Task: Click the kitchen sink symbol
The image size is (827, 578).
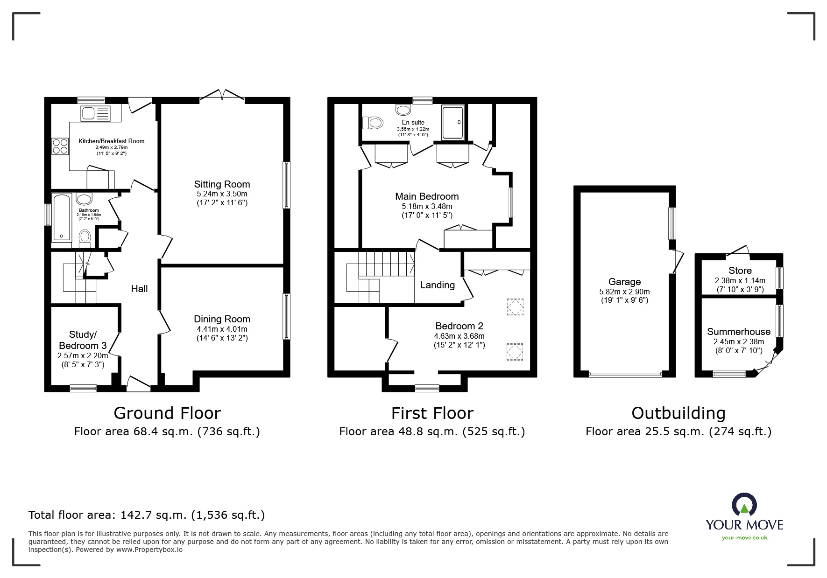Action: point(96,113)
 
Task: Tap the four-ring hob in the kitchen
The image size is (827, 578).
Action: point(60,146)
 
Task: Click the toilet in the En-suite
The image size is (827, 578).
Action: point(372,123)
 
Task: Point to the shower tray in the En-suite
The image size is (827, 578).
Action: point(453,122)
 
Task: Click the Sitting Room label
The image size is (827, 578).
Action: point(222,184)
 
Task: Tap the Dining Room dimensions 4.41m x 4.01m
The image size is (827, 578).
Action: point(222,329)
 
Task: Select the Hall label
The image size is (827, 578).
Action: point(139,289)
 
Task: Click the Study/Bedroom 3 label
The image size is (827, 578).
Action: point(83,340)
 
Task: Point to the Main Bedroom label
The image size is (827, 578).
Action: point(427,196)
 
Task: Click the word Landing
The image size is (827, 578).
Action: point(437,285)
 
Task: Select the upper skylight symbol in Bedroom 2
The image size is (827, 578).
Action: point(515,307)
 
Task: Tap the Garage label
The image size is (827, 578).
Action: point(624,282)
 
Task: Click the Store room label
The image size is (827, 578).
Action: point(740,271)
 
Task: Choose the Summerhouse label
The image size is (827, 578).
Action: point(738,332)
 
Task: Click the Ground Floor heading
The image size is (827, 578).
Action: point(167,413)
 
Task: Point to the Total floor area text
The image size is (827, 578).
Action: point(147,515)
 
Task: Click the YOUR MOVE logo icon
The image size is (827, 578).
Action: point(744,505)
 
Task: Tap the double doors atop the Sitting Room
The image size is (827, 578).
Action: point(222,95)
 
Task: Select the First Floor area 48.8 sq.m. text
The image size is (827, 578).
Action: point(432,432)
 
